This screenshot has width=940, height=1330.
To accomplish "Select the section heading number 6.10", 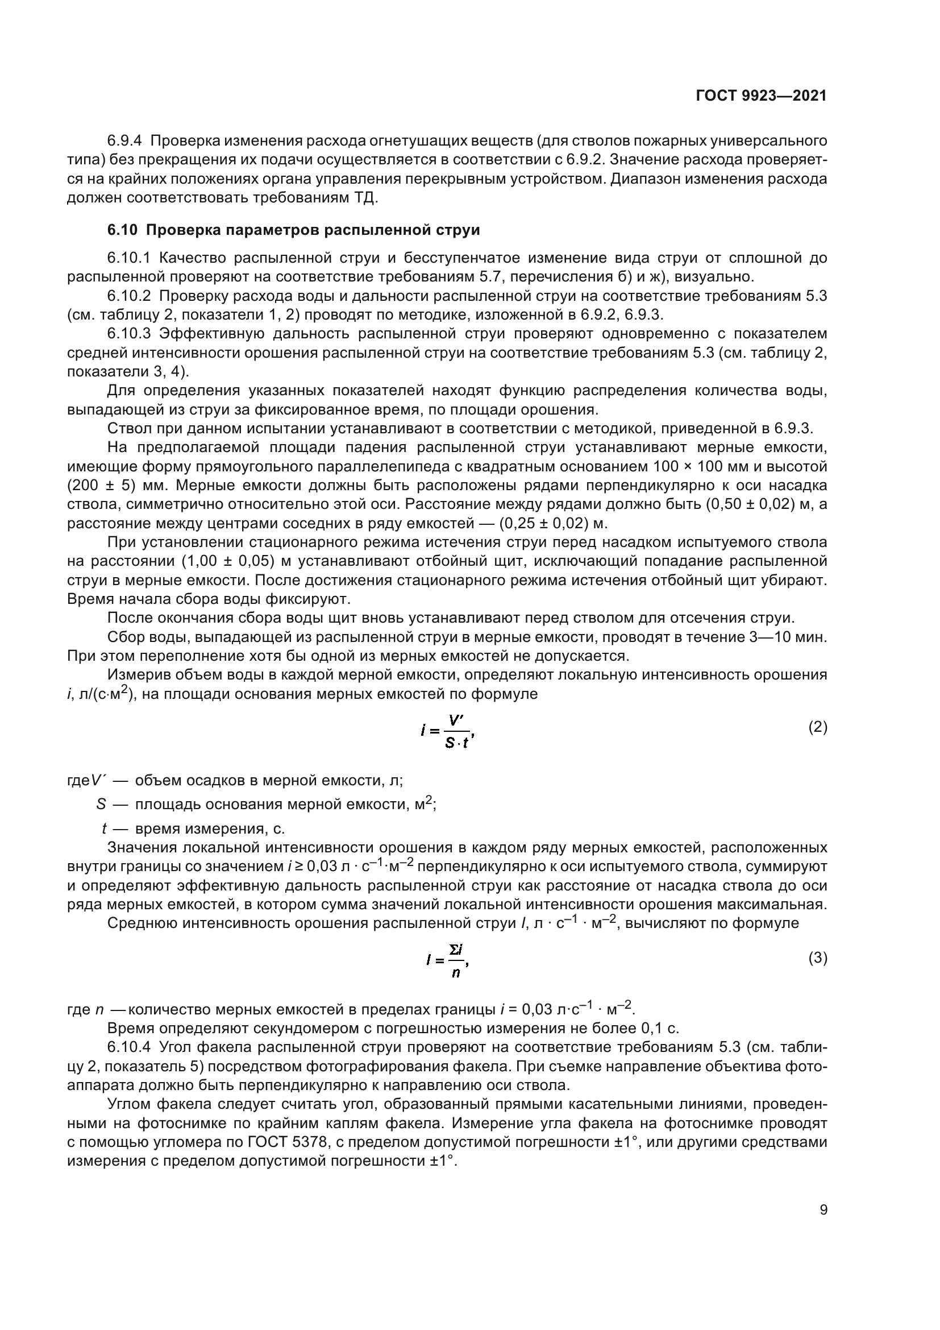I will [122, 230].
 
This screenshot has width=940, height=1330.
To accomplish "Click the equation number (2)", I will [817, 728].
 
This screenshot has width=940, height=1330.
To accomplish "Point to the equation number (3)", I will [817, 958].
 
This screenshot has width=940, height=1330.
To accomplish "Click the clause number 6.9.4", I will [124, 141].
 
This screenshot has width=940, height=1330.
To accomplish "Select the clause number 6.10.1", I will [129, 258].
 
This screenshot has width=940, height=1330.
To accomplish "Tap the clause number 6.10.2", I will [129, 296].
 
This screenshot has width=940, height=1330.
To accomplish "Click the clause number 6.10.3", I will [129, 334].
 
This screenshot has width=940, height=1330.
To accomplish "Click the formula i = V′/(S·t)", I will [448, 731].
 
